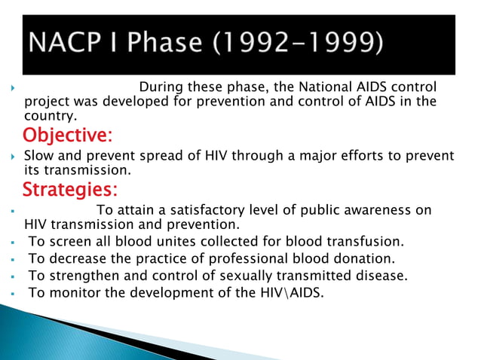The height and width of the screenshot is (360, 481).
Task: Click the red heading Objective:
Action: coord(68,136)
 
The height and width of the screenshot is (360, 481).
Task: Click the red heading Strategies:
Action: coord(69,188)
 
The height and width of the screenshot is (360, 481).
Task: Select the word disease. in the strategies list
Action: coord(381,276)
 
